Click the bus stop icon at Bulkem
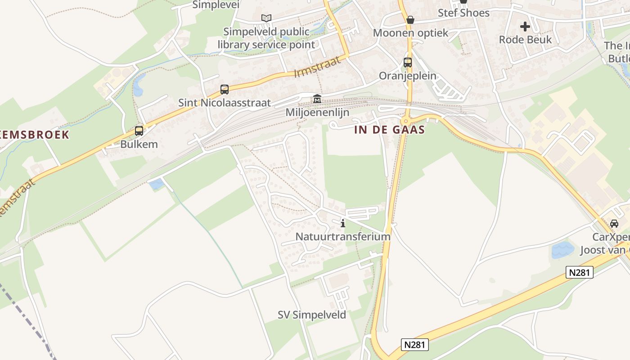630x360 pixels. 139,131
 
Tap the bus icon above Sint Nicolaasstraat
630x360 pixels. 225,90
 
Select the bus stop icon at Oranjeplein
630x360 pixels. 408,63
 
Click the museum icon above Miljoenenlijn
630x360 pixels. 317,99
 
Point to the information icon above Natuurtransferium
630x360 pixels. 343,223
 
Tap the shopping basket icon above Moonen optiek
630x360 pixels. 410,20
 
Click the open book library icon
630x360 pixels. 266,18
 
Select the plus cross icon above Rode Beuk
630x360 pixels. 525,27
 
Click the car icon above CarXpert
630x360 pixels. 614,224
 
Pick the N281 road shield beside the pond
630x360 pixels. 580,272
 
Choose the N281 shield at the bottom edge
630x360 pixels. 414,345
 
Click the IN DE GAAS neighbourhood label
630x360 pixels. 390,130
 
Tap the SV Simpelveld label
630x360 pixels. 312,315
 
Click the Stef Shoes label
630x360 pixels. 463,13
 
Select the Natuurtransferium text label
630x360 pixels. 343,236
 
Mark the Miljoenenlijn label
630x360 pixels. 317,112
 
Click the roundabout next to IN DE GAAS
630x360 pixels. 405,121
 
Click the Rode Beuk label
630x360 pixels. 525,40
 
